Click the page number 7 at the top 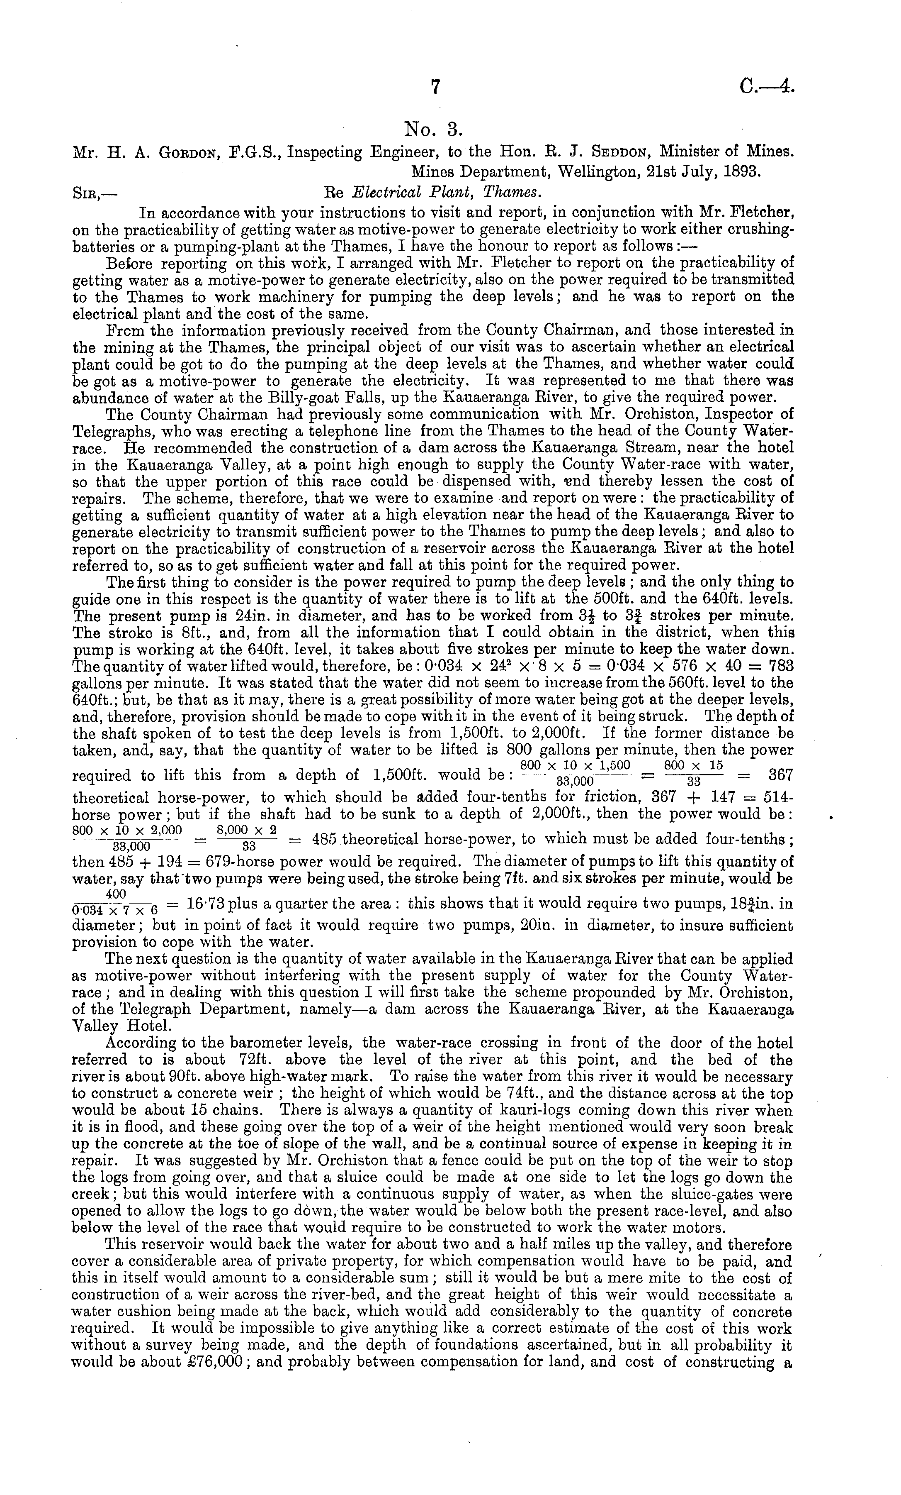[434, 88]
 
